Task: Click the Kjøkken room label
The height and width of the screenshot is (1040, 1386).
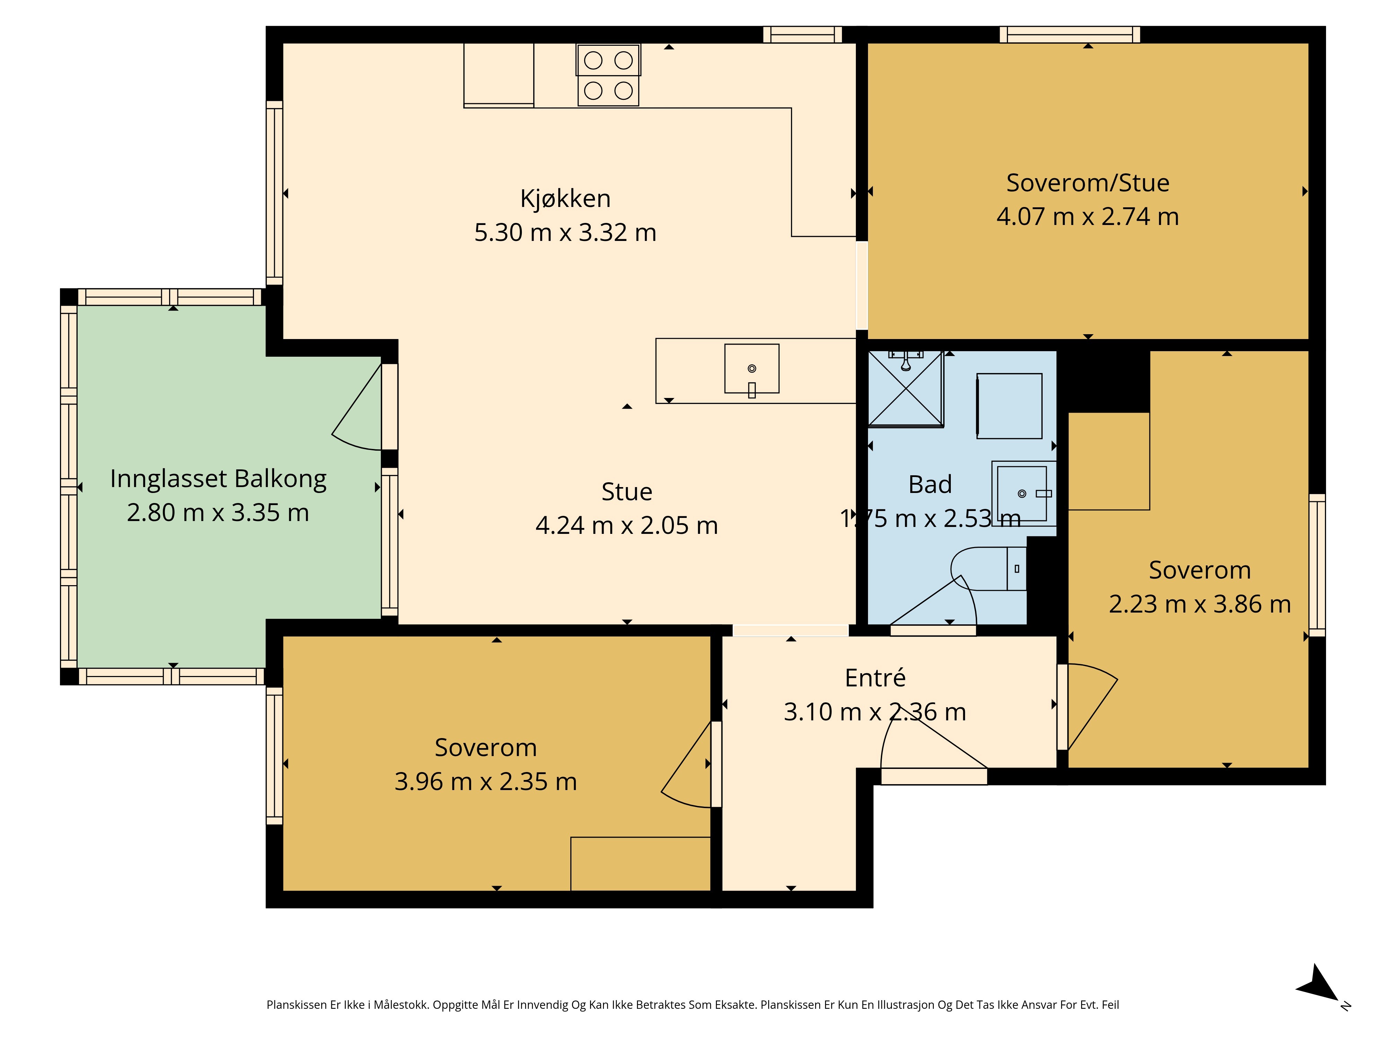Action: [x=565, y=199]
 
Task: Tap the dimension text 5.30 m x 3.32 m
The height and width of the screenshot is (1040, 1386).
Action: [x=565, y=233]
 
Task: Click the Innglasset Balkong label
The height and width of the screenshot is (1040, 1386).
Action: [x=218, y=479]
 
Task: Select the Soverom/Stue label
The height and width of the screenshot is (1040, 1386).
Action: [x=1088, y=183]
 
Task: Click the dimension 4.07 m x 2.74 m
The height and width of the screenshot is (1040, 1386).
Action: [x=1088, y=217]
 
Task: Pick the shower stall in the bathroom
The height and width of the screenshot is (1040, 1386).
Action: [x=905, y=389]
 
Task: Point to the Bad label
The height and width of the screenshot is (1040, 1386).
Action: [x=930, y=485]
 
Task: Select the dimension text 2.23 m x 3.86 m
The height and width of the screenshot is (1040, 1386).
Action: [x=1200, y=604]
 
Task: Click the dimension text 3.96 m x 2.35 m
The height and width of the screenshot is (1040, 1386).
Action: [x=485, y=782]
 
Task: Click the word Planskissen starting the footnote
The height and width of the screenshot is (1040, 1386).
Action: [x=296, y=1005]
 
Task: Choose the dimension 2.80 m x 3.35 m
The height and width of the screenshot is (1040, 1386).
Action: [x=218, y=513]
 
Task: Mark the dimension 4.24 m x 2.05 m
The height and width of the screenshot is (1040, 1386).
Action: [x=626, y=525]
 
